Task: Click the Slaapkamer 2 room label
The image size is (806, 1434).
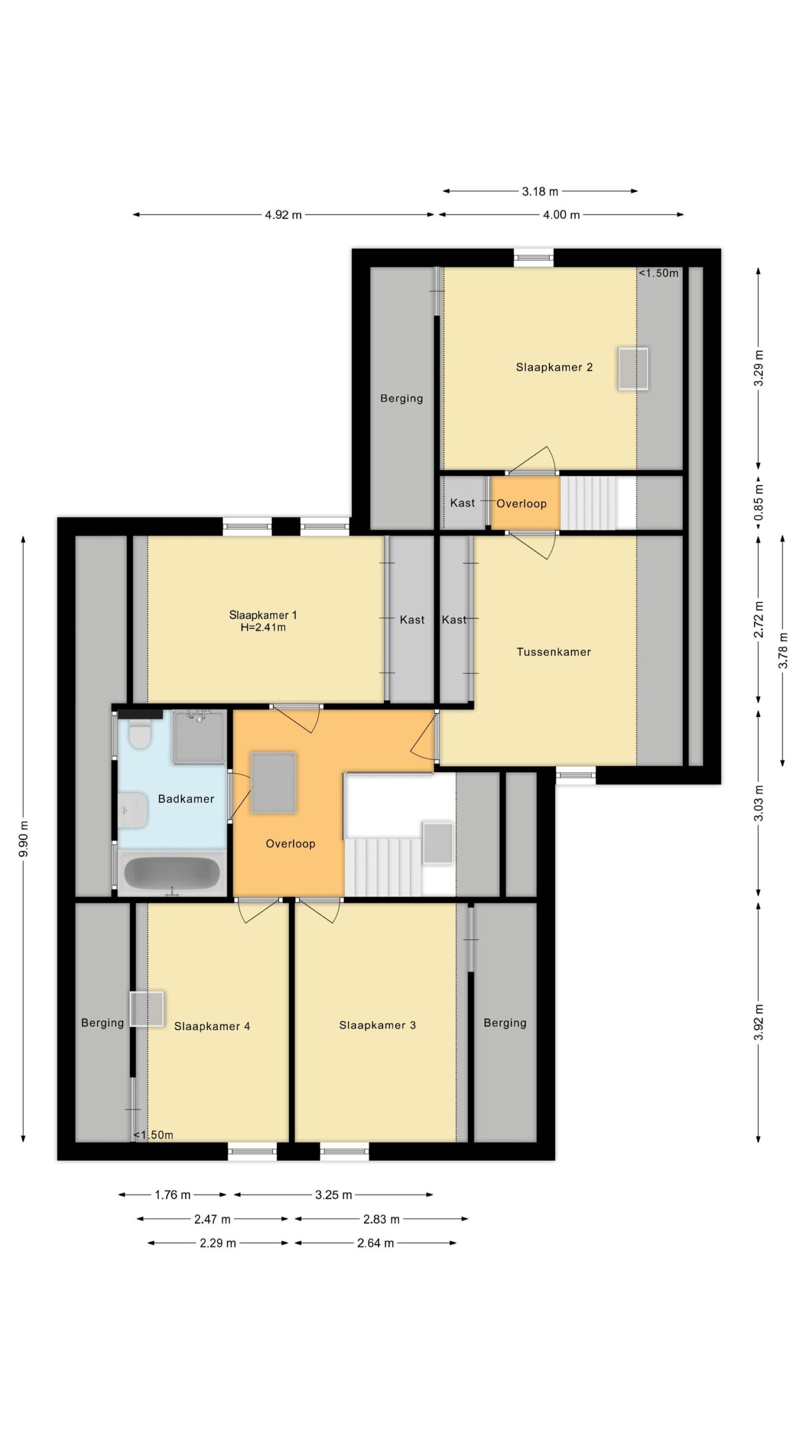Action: (554, 367)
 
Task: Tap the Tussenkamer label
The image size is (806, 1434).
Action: (554, 651)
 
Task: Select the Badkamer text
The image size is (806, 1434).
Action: (186, 799)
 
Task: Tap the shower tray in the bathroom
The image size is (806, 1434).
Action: (200, 737)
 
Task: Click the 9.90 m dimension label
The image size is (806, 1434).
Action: (23, 838)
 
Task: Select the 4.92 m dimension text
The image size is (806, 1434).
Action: (283, 215)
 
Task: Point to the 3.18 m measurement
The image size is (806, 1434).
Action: (540, 192)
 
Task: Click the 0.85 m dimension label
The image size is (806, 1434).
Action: (759, 502)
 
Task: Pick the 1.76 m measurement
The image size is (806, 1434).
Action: (172, 1195)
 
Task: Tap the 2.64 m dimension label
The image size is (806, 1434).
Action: (376, 1243)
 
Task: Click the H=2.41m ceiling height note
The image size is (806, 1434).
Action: (263, 627)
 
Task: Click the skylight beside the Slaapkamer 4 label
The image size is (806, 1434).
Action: (147, 1009)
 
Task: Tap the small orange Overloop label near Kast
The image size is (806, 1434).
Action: (521, 504)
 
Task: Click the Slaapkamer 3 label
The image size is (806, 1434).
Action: (377, 1025)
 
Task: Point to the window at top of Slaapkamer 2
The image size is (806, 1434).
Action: (534, 258)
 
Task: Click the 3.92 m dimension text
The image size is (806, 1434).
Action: (759, 1022)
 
